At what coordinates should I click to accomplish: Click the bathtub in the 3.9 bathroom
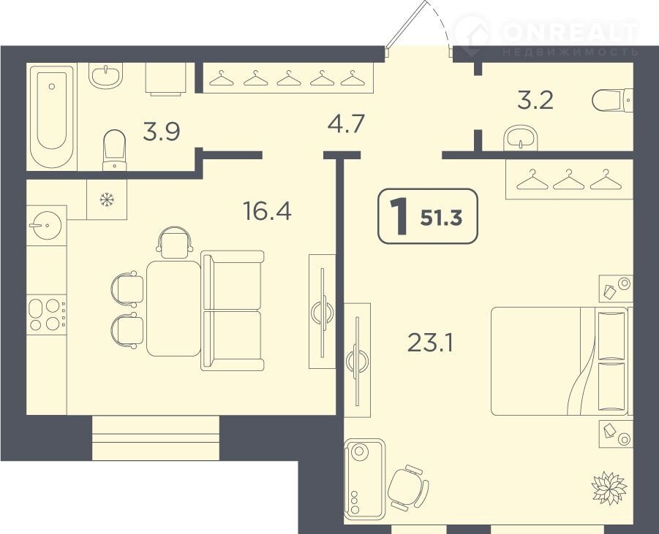click(52, 117)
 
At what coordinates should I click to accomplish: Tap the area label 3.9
click(162, 131)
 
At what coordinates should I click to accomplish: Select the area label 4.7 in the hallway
click(345, 123)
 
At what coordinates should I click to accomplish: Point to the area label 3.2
click(535, 101)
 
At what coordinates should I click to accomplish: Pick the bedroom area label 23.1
click(430, 343)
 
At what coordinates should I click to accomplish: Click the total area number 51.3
click(441, 218)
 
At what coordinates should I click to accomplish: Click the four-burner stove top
click(46, 314)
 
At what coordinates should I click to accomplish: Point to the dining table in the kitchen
click(173, 308)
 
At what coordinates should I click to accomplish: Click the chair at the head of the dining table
click(174, 243)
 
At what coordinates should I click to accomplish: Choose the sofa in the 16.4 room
click(232, 310)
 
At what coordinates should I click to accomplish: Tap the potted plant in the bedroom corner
click(609, 487)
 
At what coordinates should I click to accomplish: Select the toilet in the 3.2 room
click(612, 100)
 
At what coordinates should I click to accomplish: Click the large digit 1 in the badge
click(399, 216)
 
